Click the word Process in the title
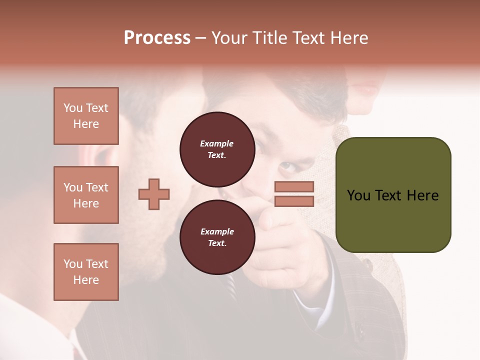point(157,38)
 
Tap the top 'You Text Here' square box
point(86,116)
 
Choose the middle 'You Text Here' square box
point(86,195)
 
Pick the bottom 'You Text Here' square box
point(86,272)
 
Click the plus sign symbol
point(154,194)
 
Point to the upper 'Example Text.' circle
point(217,149)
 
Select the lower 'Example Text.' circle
point(217,237)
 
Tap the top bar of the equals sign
point(294,186)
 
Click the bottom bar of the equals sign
point(294,201)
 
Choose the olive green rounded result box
point(393,195)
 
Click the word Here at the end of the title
point(349,38)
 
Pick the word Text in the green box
point(393,195)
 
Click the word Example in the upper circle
point(217,143)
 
